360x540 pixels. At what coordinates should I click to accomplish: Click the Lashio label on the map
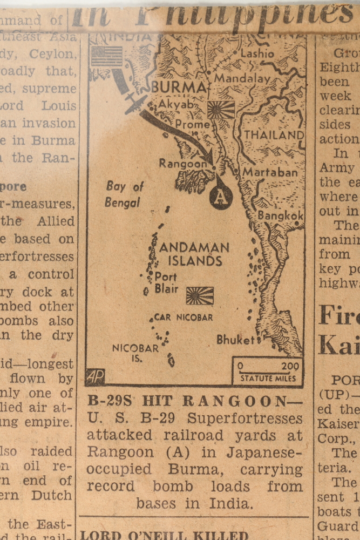coord(257,53)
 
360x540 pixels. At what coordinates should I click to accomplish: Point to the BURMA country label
coord(179,87)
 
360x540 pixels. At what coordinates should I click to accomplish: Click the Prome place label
coord(192,124)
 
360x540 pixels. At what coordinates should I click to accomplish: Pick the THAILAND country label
coord(274,134)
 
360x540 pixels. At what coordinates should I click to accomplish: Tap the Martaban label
coord(270,172)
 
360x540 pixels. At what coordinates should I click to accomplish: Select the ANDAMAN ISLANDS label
coord(194,254)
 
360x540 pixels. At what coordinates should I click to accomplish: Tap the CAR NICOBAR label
coord(184,318)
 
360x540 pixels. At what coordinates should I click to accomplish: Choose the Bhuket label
coord(235,340)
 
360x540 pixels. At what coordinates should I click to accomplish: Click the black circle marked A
coord(221,197)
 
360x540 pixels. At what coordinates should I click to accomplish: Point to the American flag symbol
coord(106,56)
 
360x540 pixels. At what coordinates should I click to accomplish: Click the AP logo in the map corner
coord(95,376)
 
